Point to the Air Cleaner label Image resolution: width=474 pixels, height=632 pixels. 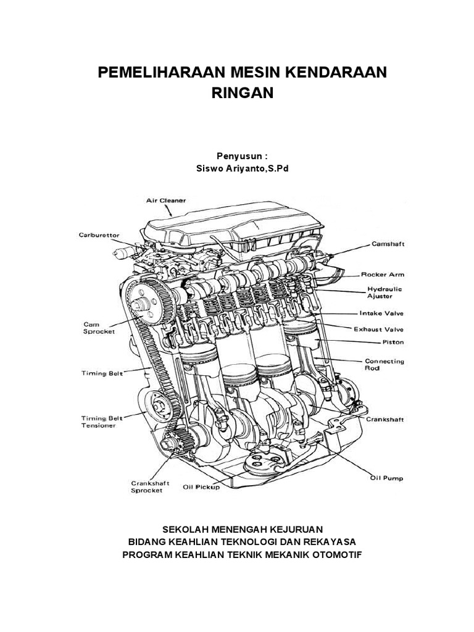pos(166,201)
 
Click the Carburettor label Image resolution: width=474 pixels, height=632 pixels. pos(99,235)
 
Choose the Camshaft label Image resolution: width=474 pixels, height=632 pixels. pos(388,244)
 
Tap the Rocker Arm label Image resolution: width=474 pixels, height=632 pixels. pos(382,274)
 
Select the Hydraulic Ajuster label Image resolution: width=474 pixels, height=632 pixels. pos(385,292)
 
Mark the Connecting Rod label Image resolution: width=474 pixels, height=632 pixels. pos(384,364)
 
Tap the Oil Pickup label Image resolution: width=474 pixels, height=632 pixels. pos(201,486)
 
